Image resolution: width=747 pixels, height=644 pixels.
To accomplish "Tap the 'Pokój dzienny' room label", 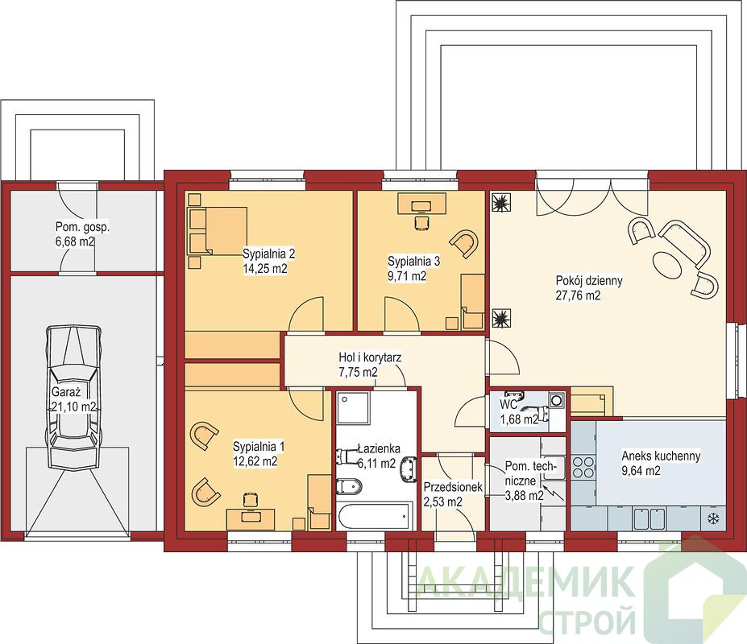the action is (589, 280).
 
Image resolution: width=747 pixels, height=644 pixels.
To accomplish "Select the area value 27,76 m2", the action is (578, 295).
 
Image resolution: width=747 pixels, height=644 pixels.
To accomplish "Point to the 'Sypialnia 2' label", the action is (268, 253).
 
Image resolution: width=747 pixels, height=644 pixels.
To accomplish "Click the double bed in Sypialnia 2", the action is (218, 230).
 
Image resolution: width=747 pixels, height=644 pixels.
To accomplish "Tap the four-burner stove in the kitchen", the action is (583, 467).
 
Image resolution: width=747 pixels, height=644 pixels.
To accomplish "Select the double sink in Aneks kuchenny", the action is (649, 518).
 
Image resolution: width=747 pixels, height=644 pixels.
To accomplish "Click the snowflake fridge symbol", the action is (713, 518).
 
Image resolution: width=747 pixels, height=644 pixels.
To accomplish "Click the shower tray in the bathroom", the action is (353, 408).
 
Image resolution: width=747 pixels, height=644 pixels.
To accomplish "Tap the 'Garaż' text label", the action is (66, 392).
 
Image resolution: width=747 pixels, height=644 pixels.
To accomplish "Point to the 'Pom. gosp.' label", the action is (82, 226).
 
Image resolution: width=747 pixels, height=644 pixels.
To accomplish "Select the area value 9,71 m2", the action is (407, 276).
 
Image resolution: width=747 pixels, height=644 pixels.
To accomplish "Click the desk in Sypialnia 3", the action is (421, 203).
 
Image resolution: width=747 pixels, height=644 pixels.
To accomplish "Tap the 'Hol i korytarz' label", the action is (370, 357).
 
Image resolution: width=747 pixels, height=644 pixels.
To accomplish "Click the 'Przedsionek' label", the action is (453, 487).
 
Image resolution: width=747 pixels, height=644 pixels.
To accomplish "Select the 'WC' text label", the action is (508, 405).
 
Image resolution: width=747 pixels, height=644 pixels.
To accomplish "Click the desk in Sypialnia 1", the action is (251, 518).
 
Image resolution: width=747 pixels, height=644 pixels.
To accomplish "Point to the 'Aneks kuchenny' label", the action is (661, 456).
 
